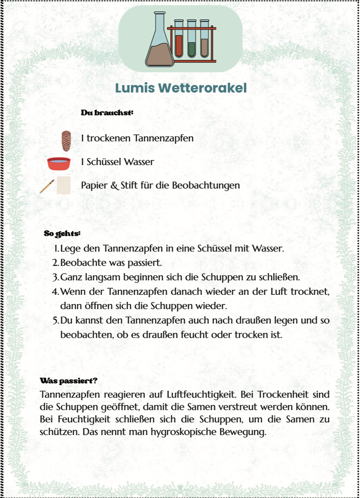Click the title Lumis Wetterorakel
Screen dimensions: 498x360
point(181,88)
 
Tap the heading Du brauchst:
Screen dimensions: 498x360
point(107,112)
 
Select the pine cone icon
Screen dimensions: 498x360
point(66,140)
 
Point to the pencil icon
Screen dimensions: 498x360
point(47,186)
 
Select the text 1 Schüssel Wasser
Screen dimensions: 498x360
point(118,162)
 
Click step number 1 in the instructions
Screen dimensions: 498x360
point(57,249)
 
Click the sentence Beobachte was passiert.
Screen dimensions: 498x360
point(111,263)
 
